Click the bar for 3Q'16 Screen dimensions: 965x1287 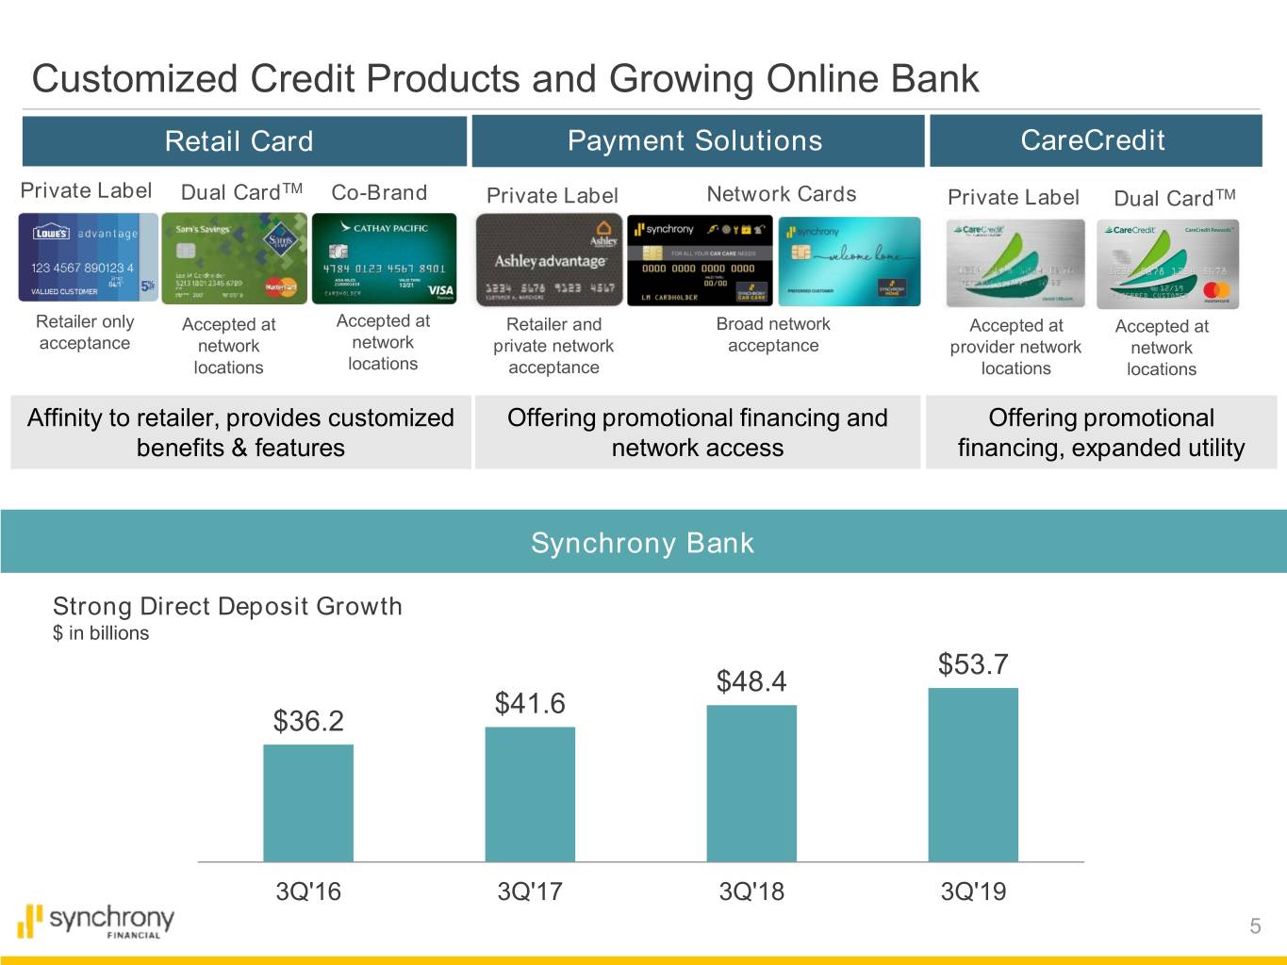[308, 803]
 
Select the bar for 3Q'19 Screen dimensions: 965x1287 [973, 775]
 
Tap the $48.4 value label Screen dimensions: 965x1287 [751, 681]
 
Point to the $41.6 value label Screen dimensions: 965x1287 [530, 703]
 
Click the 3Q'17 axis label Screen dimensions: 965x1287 [530, 891]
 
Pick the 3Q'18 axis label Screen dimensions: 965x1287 [751, 891]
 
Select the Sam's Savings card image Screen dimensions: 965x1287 [234, 257]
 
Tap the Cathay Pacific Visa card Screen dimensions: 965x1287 [384, 257]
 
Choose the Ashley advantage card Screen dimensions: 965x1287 [550, 259]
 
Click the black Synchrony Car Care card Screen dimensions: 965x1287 [700, 261]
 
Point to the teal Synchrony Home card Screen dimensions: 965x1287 [849, 261]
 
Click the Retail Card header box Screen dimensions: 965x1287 [243, 141]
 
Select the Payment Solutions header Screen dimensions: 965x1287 [697, 141]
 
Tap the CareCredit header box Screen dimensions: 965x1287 [1095, 140]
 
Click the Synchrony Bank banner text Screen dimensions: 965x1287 [642, 543]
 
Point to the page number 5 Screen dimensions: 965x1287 [1255, 926]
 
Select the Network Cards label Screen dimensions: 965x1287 [782, 194]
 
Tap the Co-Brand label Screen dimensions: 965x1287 [379, 192]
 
